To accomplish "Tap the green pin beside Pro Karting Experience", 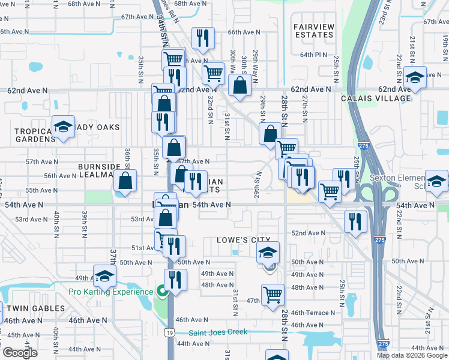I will [x=161, y=292].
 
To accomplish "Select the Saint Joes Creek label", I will [x=218, y=332].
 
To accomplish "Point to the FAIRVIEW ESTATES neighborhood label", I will [x=313, y=31].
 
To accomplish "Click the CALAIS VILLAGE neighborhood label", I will [x=376, y=98].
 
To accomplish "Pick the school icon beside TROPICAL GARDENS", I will [x=62, y=127].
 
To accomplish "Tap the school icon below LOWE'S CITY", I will [x=268, y=252].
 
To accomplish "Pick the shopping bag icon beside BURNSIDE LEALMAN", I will [x=125, y=181].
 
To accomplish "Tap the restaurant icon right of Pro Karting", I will [x=175, y=281].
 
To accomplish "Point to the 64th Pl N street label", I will [x=313, y=55].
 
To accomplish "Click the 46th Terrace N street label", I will [x=313, y=313].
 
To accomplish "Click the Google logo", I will [x=20, y=353].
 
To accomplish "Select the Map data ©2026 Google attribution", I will [x=411, y=355].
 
